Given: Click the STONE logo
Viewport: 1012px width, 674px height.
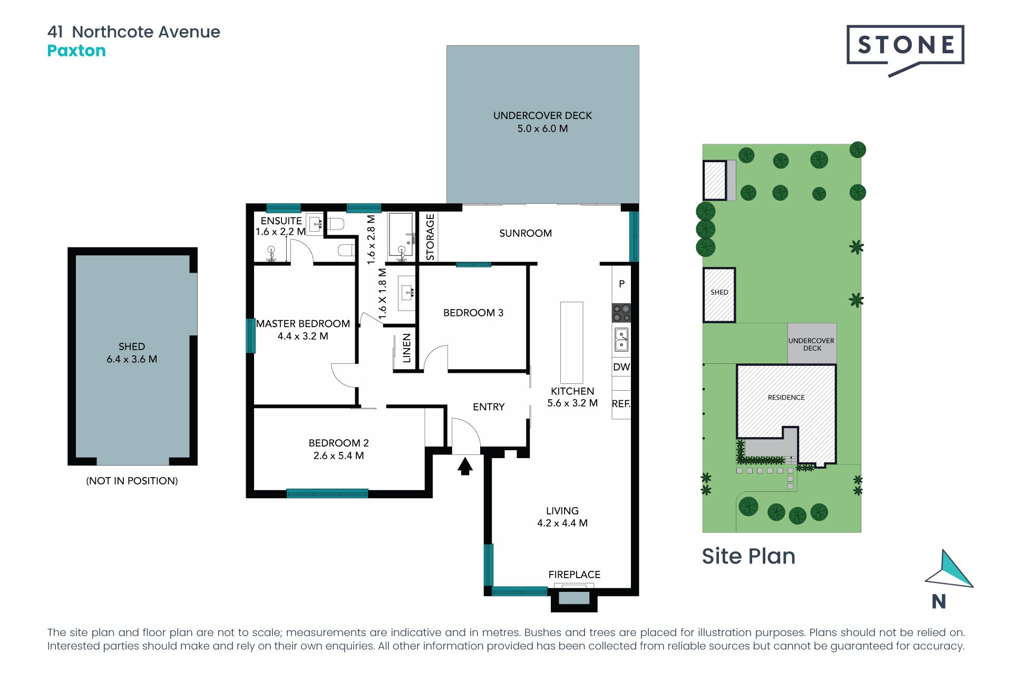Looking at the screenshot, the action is point(905,50).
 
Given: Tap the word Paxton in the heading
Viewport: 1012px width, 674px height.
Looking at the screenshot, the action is point(76,51).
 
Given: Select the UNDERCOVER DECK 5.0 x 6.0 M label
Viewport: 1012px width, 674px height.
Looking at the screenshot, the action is point(542,122).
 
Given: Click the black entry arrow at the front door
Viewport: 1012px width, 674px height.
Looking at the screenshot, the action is point(465,467).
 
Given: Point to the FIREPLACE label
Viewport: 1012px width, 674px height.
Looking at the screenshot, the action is point(574,574).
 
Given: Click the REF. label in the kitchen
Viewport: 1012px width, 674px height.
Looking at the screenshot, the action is point(621,404).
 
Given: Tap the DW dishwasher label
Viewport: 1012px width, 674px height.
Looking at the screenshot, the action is point(621,367).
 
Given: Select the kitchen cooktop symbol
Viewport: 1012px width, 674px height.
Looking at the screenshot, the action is point(621,313).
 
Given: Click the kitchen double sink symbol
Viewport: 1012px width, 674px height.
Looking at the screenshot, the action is point(621,339).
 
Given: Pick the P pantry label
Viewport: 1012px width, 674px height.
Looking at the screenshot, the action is point(622,284).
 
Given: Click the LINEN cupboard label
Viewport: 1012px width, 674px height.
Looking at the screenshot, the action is point(406,348).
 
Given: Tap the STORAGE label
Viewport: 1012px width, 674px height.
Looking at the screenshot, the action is point(430,237).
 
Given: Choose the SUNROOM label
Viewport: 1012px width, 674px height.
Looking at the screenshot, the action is point(526,233).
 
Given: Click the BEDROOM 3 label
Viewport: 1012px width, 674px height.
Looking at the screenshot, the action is point(473,313).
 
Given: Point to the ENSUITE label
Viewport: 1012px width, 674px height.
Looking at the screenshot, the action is point(281,221).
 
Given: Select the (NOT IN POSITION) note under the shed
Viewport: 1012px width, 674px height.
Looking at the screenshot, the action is point(132,481).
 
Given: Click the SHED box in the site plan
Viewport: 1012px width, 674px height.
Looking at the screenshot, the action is point(719,295).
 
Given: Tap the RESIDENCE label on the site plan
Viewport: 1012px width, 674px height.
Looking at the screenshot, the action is point(786,398).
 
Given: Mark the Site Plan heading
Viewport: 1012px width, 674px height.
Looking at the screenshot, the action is point(748,556).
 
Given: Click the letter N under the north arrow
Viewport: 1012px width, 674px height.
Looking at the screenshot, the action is point(939,601).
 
